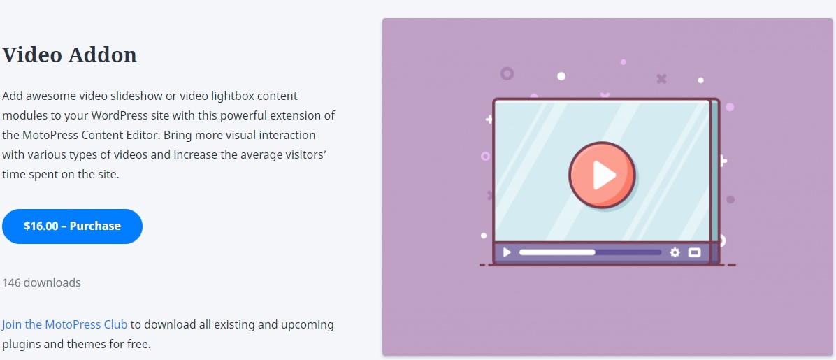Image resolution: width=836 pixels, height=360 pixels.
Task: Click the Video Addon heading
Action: tap(69, 55)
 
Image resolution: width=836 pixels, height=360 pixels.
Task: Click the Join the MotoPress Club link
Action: tap(64, 324)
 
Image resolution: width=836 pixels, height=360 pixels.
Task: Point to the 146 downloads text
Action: tap(41, 282)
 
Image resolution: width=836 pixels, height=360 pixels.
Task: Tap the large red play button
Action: tap(602, 174)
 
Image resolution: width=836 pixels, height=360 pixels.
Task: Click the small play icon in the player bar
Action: tap(507, 252)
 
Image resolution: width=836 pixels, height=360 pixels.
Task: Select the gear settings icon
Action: tap(675, 252)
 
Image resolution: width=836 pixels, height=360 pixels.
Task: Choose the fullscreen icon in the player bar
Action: tap(694, 252)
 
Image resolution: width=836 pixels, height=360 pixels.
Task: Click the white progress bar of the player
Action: tap(557, 252)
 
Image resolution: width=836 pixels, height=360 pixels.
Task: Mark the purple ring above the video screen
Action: tap(507, 73)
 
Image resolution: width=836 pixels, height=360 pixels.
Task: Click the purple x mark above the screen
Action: tap(662, 79)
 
